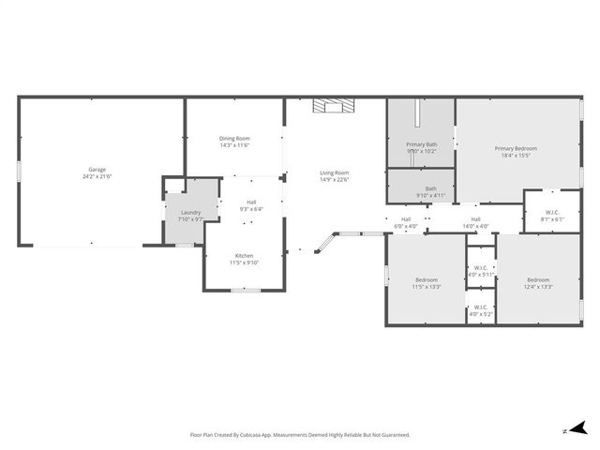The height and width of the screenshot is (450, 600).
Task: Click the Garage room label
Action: tap(97, 170)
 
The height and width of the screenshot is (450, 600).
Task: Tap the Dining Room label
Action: tap(234, 139)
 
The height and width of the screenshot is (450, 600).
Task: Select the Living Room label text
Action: tap(334, 172)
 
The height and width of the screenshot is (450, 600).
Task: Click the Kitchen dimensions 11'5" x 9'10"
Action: tap(244, 262)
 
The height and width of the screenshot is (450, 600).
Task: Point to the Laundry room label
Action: tap(190, 213)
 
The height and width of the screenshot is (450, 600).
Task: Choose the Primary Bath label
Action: tap(421, 144)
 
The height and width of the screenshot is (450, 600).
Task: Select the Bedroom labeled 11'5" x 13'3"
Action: tap(427, 280)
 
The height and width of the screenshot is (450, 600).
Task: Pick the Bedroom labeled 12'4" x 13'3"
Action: tap(538, 280)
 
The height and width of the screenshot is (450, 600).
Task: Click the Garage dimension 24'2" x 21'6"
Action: tap(97, 176)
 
